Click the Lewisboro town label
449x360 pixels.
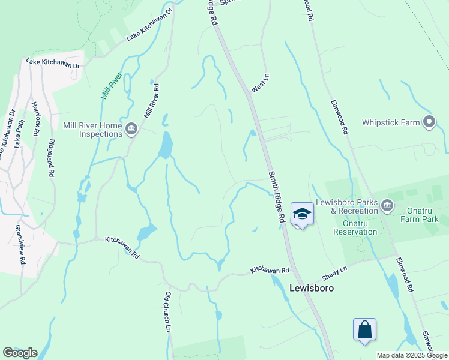click(311, 287)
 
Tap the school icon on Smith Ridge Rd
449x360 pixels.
click(302, 214)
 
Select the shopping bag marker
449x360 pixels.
click(364, 329)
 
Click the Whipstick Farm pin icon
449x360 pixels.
click(429, 122)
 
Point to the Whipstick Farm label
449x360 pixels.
click(391, 122)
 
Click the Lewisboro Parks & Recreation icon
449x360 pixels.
click(387, 207)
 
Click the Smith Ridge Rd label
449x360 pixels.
click(276, 197)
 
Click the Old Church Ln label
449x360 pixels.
click(168, 312)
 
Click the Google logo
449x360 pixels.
click(20, 353)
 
